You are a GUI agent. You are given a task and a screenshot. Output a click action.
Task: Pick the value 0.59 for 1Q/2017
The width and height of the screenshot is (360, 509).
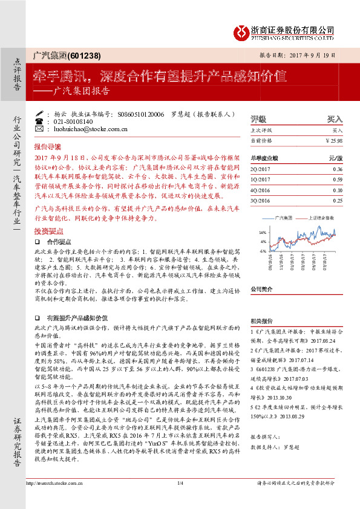(x=338, y=179)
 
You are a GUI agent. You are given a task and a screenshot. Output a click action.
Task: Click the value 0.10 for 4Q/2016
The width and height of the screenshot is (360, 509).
(x=338, y=189)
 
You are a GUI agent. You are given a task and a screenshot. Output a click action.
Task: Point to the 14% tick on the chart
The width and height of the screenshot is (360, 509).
(x=262, y=232)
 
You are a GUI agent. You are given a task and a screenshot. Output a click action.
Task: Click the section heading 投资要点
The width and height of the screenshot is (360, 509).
(x=49, y=231)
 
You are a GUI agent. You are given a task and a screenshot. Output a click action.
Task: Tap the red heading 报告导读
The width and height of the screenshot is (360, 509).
(x=48, y=147)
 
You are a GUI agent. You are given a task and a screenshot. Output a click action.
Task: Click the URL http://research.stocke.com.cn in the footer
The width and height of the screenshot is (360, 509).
(x=50, y=499)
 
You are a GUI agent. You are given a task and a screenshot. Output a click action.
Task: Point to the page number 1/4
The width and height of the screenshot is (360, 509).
(x=180, y=499)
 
